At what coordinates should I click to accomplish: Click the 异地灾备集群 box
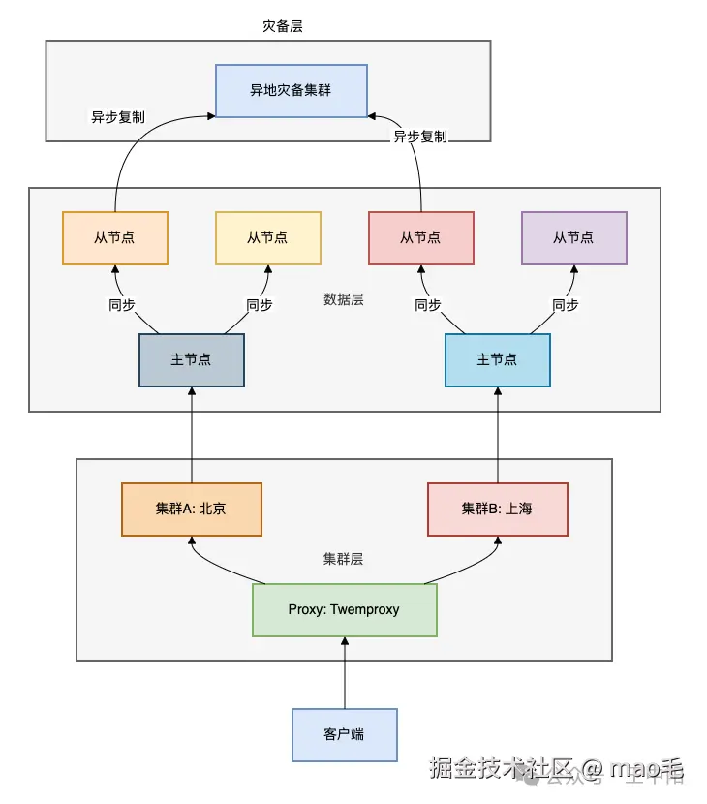point(291,90)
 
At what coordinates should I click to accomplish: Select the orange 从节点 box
point(114,237)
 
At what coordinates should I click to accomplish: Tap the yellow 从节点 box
point(267,237)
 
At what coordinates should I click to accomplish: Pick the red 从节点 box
point(420,237)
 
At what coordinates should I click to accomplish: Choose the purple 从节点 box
point(573,237)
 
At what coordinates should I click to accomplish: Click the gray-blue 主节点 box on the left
point(191,359)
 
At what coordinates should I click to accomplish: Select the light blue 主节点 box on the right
point(497,359)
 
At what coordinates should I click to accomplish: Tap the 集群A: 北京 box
point(191,509)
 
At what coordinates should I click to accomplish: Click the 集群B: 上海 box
point(497,509)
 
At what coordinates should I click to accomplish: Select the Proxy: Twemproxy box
point(344,609)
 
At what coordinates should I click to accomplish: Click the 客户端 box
point(344,734)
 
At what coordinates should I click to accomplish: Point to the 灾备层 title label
point(283,26)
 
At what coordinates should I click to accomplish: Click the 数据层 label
point(344,299)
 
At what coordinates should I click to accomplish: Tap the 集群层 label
point(343,559)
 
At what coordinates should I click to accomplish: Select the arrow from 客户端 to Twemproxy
point(344,673)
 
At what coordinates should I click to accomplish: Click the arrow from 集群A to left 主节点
point(192,436)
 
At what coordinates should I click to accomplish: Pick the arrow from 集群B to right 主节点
point(498,436)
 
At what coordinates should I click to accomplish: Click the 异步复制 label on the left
point(118,117)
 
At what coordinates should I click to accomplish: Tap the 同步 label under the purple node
point(566,305)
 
